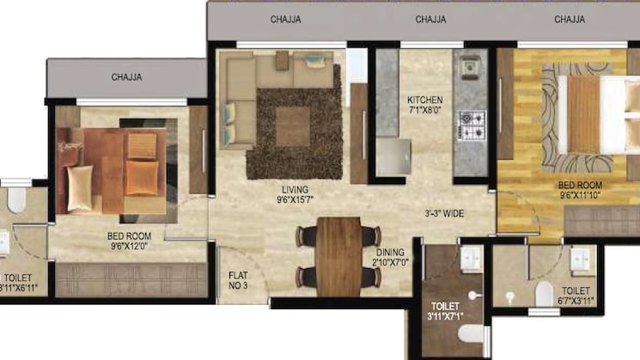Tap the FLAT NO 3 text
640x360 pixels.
point(238,281)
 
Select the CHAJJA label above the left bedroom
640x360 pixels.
point(126,77)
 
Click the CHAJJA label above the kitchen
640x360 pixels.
point(430,18)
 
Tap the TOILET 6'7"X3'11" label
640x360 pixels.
point(576,296)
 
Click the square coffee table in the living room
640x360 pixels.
point(293,125)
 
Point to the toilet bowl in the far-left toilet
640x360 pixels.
point(15,198)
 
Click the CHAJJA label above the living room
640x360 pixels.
point(285,18)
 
